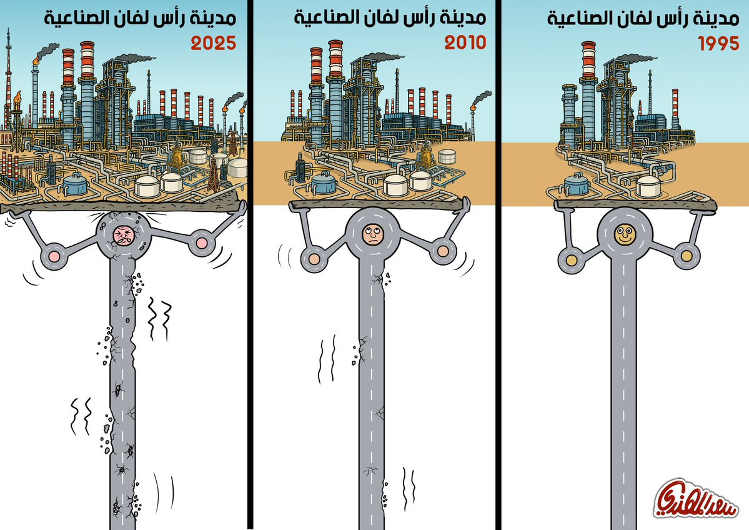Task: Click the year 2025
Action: click(214, 44)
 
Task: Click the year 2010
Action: click(465, 43)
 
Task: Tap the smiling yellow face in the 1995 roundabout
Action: click(623, 236)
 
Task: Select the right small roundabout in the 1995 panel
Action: click(687, 256)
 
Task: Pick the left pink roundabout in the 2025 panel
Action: click(52, 256)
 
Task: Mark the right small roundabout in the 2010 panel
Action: click(443, 251)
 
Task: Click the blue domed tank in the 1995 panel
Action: click(576, 184)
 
